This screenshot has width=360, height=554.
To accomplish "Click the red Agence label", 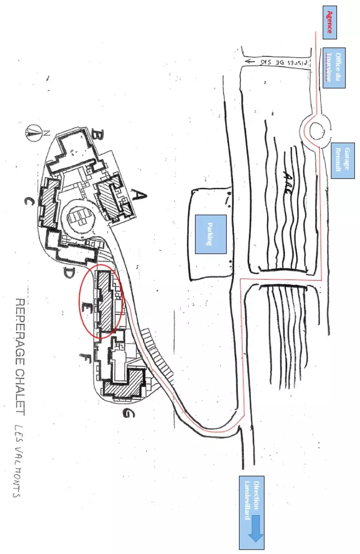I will pyautogui.click(x=330, y=23).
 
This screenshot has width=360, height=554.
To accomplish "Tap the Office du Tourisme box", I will pyautogui.click(x=334, y=68).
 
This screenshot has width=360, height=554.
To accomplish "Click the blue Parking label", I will pyautogui.click(x=210, y=234).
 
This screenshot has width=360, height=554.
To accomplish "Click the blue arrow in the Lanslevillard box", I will pyautogui.click(x=256, y=528).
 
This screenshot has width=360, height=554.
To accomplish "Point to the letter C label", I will pyautogui.click(x=29, y=202).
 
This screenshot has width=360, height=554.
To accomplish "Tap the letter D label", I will pyautogui.click(x=69, y=272).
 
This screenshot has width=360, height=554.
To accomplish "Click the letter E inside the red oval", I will pyautogui.click(x=86, y=307).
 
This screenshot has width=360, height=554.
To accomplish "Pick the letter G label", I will pyautogui.click(x=126, y=413).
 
